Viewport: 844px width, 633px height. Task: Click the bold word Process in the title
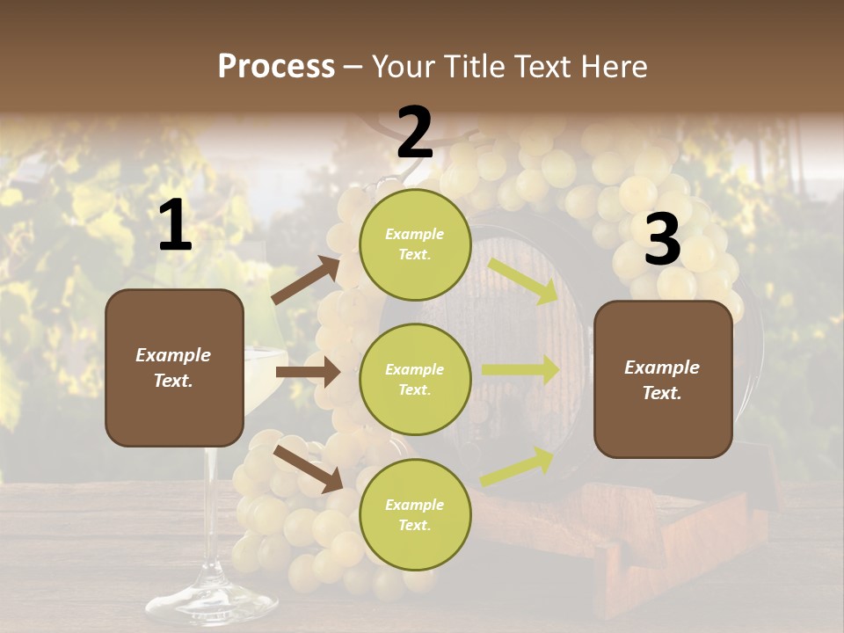click(x=276, y=67)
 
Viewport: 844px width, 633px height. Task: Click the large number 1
click(x=175, y=226)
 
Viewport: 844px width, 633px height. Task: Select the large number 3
click(x=662, y=240)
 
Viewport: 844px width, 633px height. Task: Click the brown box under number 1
click(x=174, y=367)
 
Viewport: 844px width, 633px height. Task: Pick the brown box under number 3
click(x=663, y=379)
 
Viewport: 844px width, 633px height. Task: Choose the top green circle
click(x=415, y=244)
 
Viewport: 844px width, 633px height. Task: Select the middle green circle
click(x=415, y=379)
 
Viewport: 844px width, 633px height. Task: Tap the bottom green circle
click(x=415, y=514)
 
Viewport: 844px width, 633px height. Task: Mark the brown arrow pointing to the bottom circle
click(x=308, y=468)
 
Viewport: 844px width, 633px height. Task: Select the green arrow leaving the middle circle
click(x=520, y=370)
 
